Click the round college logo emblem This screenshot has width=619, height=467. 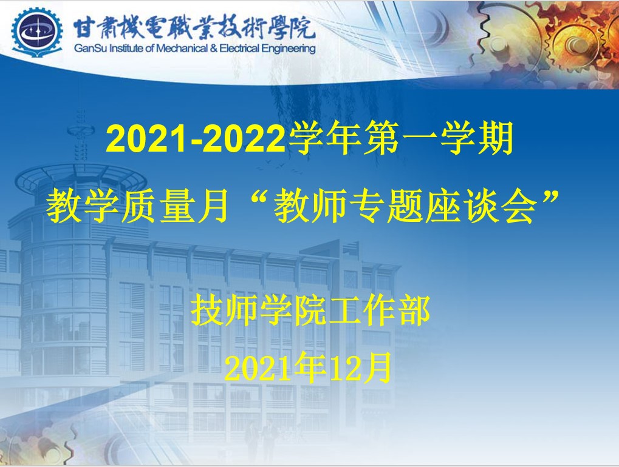coord(36,32)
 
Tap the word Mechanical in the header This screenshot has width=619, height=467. coord(182,49)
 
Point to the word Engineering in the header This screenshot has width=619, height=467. coord(289,49)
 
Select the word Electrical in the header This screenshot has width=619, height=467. coord(239,49)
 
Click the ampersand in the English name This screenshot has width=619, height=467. coord(214,49)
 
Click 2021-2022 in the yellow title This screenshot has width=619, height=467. coord(196,139)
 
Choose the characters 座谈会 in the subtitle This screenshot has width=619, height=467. coord(481,206)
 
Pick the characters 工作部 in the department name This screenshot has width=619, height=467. coord(379,311)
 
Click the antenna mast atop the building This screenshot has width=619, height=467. coord(82,136)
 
